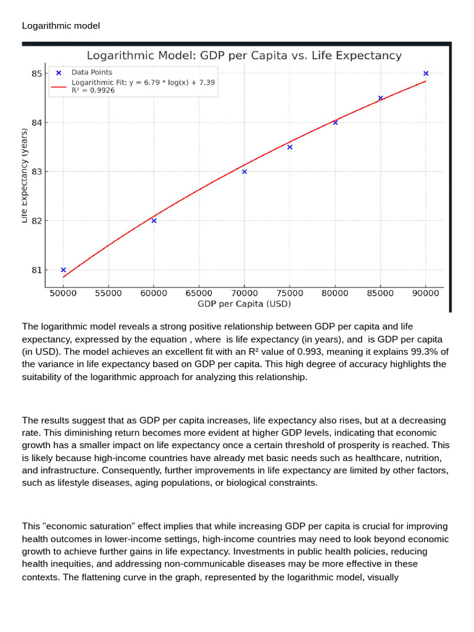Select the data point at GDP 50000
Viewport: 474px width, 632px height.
coord(64,270)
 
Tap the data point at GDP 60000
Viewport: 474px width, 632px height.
coord(154,220)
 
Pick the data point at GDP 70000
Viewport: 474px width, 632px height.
coord(244,172)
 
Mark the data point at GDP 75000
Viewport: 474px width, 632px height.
coord(289,147)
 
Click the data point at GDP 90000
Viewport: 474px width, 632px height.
coord(426,73)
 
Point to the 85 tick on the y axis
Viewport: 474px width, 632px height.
coord(37,73)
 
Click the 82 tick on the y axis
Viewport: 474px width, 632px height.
coord(37,220)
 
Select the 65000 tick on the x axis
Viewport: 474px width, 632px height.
coord(199,293)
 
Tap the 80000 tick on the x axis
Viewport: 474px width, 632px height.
coord(335,293)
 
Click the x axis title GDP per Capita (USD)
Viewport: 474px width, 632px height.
coord(244,304)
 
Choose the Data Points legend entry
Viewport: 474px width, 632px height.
coord(91,72)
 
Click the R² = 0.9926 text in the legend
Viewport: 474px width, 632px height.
coord(93,90)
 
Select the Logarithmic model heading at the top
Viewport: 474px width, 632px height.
coord(61,25)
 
